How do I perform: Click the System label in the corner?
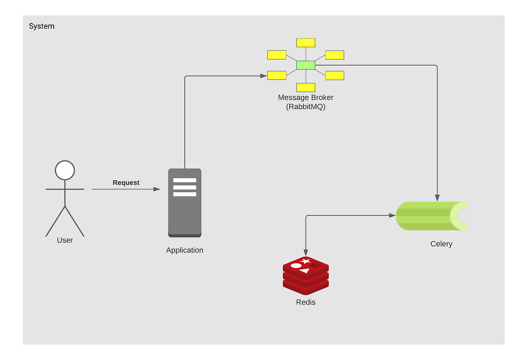[42, 26]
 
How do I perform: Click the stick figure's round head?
[65, 170]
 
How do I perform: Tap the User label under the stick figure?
[65, 240]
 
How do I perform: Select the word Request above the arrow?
[126, 183]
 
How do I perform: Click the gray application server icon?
[185, 203]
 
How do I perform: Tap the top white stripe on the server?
[185, 180]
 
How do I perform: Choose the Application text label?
[185, 250]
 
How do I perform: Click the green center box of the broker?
[305, 65]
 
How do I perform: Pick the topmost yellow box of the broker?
[305, 43]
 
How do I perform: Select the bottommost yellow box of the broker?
[305, 87]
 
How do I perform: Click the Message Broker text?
[305, 98]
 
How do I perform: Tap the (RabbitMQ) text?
[305, 107]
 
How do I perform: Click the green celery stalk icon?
[431, 216]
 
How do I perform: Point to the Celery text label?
[441, 244]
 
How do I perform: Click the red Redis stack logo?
[305, 276]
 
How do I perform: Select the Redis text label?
[305, 302]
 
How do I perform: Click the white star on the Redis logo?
[306, 261]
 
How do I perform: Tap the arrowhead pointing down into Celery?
[437, 198]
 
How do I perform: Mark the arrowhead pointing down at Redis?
[306, 253]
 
